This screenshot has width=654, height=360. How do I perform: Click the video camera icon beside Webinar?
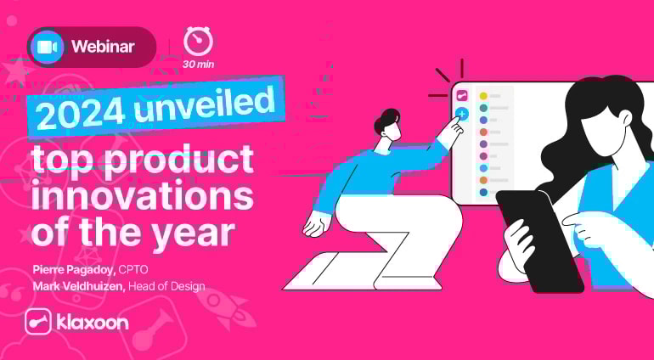pos(47,48)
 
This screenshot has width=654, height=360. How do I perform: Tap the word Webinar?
pos(103,48)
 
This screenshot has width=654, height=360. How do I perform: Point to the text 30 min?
pos(198,65)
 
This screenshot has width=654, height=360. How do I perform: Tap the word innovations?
pos(141,196)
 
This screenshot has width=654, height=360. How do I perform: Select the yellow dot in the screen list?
pos(483,96)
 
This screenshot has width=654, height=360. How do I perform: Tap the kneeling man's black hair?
pos(388,118)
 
